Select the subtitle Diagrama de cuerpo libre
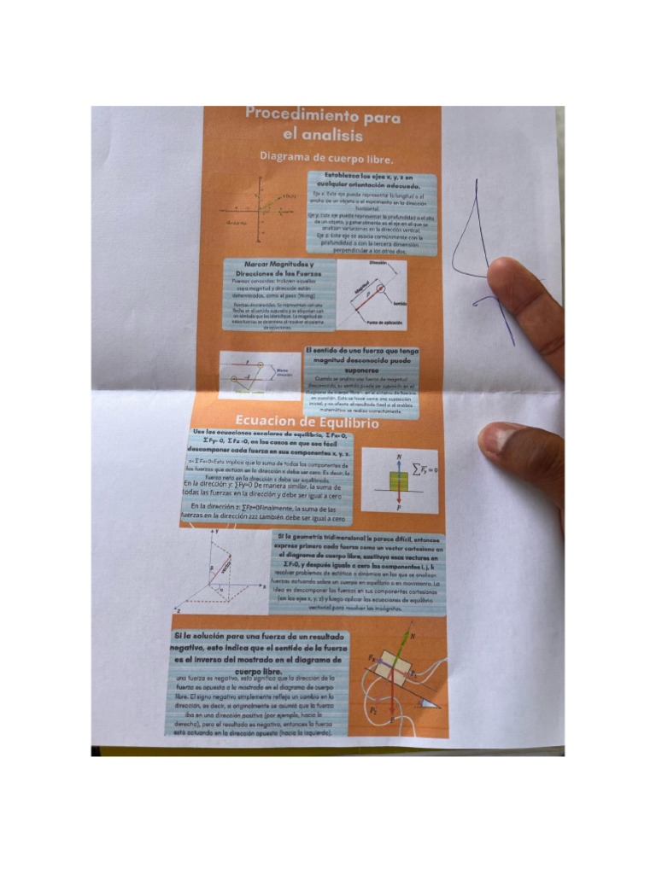click(x=326, y=158)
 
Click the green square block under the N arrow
click(x=398, y=481)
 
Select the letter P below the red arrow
click(x=399, y=507)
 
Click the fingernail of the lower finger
click(x=496, y=441)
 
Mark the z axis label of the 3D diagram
click(x=177, y=611)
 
